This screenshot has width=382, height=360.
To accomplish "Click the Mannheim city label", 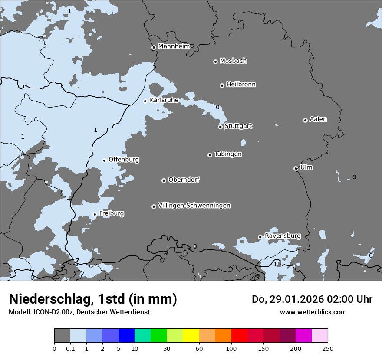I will tap(174, 46).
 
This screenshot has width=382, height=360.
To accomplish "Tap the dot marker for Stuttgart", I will tap(220, 127).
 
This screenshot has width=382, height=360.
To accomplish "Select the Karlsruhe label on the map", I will tap(164, 100).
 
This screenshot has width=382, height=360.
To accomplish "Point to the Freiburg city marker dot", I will tap(95, 214).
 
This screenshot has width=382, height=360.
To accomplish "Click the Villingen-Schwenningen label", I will tap(194, 206).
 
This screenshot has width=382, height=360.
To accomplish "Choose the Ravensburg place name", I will tap(283, 236).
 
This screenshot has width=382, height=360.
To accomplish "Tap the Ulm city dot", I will tap(296, 168).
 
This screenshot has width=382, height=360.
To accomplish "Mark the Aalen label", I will tap(318, 119).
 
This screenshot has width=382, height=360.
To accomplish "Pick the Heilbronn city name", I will tap(241, 85).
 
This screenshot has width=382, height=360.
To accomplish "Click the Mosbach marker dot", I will tap(215, 62).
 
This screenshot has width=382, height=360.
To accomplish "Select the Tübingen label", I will tap(228, 154).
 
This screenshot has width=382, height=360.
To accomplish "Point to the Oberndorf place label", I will tap(184, 180).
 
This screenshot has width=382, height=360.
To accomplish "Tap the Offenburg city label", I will tap(124, 160).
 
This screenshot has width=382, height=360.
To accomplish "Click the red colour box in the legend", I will tap(239, 336).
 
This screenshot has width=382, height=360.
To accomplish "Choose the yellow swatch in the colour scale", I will tap(191, 336).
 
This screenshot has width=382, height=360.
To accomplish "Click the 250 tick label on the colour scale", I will tap(328, 348).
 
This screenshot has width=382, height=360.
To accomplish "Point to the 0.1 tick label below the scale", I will tap(70, 348).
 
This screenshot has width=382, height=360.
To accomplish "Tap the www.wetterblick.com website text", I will tap(313, 312).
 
